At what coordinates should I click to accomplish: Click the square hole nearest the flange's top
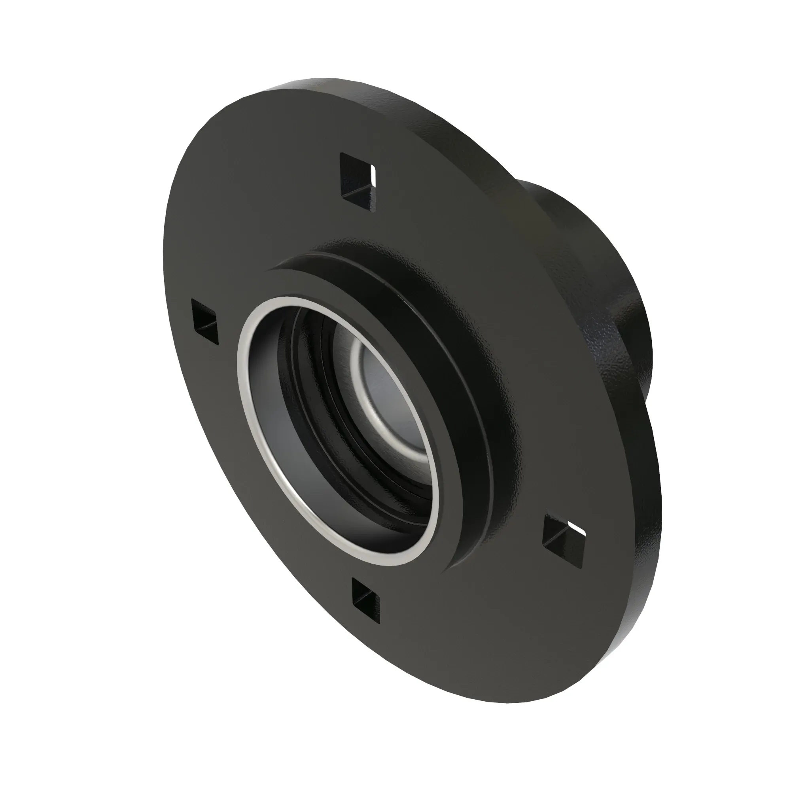357,182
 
